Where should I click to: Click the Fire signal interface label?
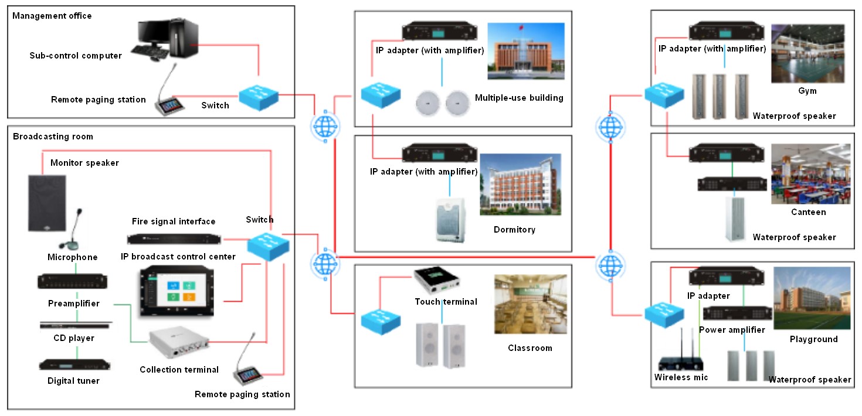(x=174, y=221)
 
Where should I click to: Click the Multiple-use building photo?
(x=525, y=51)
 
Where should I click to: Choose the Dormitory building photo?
(x=520, y=186)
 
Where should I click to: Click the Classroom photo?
(x=531, y=305)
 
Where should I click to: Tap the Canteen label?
(x=808, y=212)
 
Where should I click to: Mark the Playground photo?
(x=812, y=299)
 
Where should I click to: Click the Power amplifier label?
(x=732, y=330)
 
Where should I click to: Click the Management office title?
(x=52, y=16)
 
